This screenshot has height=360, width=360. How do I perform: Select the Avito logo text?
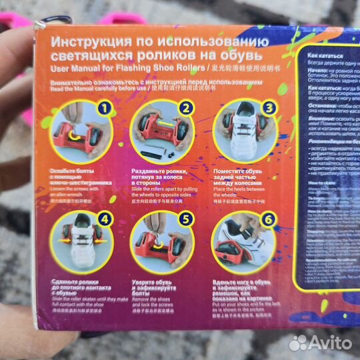[x=327, y=342]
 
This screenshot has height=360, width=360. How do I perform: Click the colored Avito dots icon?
[x=298, y=342]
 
